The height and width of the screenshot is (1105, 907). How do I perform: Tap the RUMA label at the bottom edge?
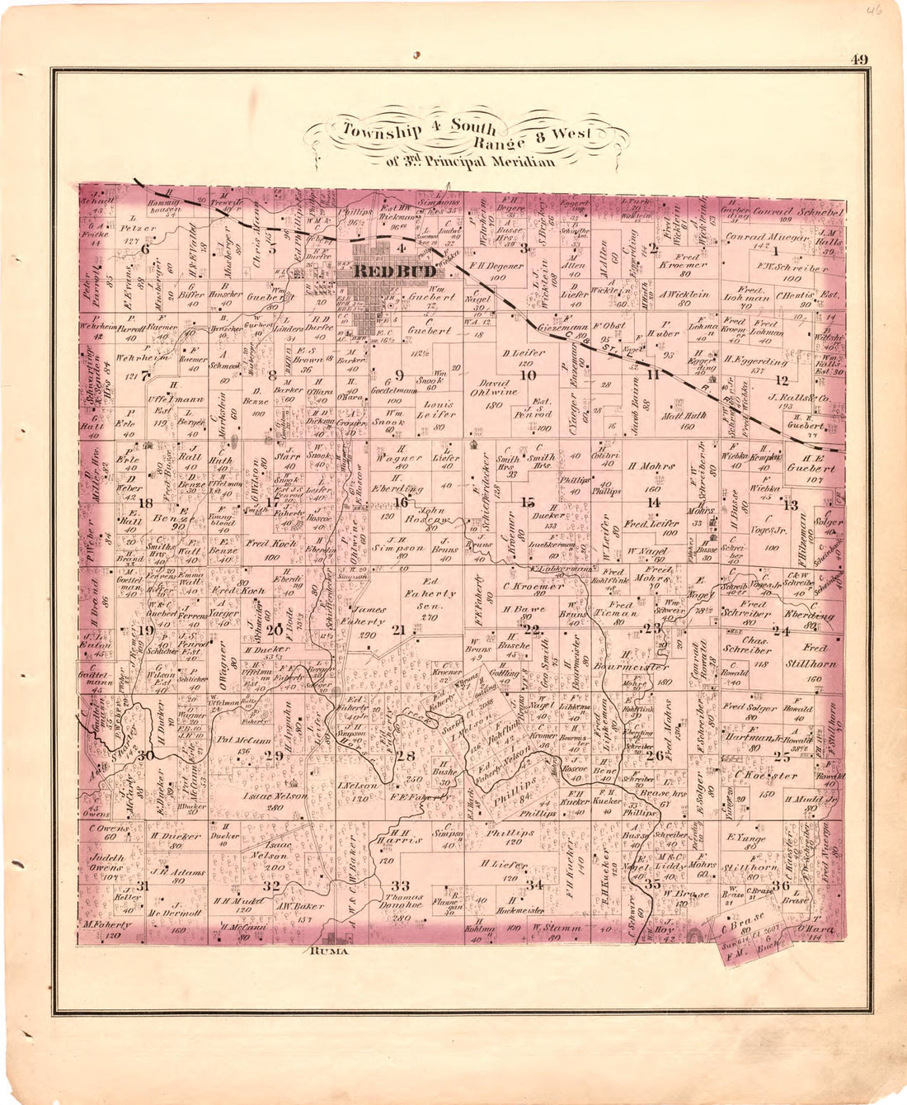[x=330, y=951]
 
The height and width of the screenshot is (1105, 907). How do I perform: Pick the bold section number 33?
[x=401, y=885]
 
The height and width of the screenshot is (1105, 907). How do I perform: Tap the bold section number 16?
[x=401, y=502]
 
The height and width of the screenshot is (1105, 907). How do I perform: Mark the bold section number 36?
[x=781, y=885]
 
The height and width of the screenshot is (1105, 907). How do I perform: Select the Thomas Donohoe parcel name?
[x=402, y=906]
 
